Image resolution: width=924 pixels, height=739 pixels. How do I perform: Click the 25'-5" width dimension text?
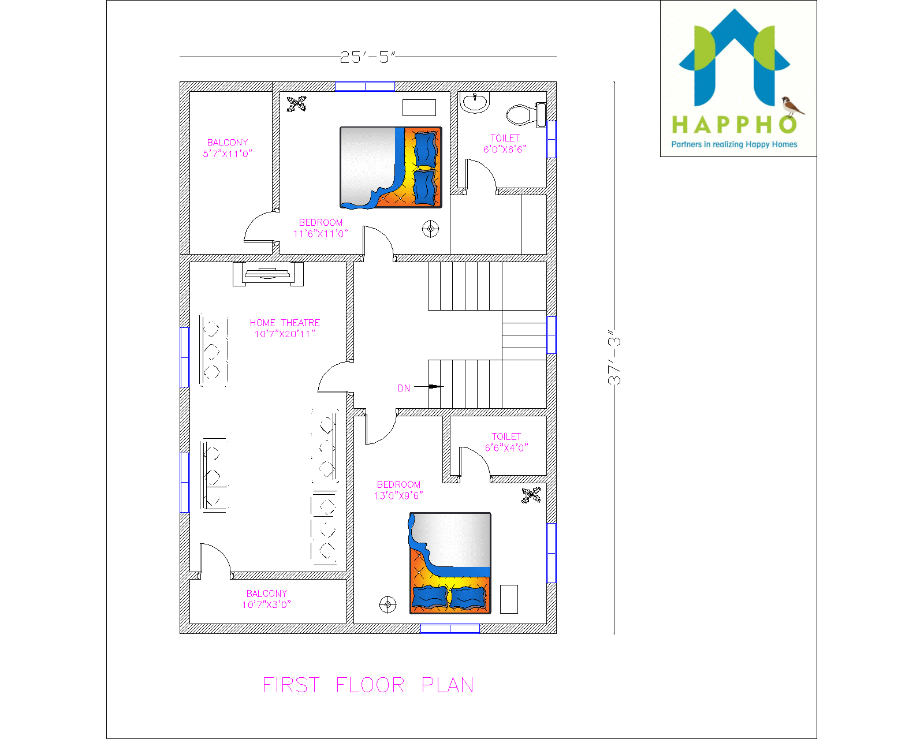(x=367, y=57)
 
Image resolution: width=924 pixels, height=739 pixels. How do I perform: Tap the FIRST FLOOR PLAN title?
(x=368, y=685)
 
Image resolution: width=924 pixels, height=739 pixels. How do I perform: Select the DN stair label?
(x=404, y=388)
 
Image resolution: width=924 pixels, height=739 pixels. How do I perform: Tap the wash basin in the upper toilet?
(x=475, y=103)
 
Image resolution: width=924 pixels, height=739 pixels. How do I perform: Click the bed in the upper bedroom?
(x=391, y=167)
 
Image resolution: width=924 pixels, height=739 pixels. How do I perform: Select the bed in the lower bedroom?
(x=450, y=563)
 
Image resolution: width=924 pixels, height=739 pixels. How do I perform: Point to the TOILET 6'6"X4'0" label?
(x=506, y=442)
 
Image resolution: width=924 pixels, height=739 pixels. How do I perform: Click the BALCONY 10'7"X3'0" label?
(x=266, y=599)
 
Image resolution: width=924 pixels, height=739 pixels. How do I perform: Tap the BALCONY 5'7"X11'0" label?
(x=228, y=148)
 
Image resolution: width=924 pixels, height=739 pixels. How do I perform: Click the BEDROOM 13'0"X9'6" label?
(x=398, y=490)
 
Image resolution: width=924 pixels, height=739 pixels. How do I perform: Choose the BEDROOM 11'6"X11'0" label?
(x=321, y=228)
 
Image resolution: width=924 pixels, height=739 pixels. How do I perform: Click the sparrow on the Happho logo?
(x=792, y=106)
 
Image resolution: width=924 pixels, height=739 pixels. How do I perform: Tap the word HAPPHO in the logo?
(x=733, y=125)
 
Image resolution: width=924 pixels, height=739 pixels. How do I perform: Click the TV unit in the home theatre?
(x=267, y=274)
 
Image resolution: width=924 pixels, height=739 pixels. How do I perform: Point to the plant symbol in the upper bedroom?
(x=296, y=104)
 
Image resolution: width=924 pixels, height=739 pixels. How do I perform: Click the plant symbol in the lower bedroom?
(x=531, y=495)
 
